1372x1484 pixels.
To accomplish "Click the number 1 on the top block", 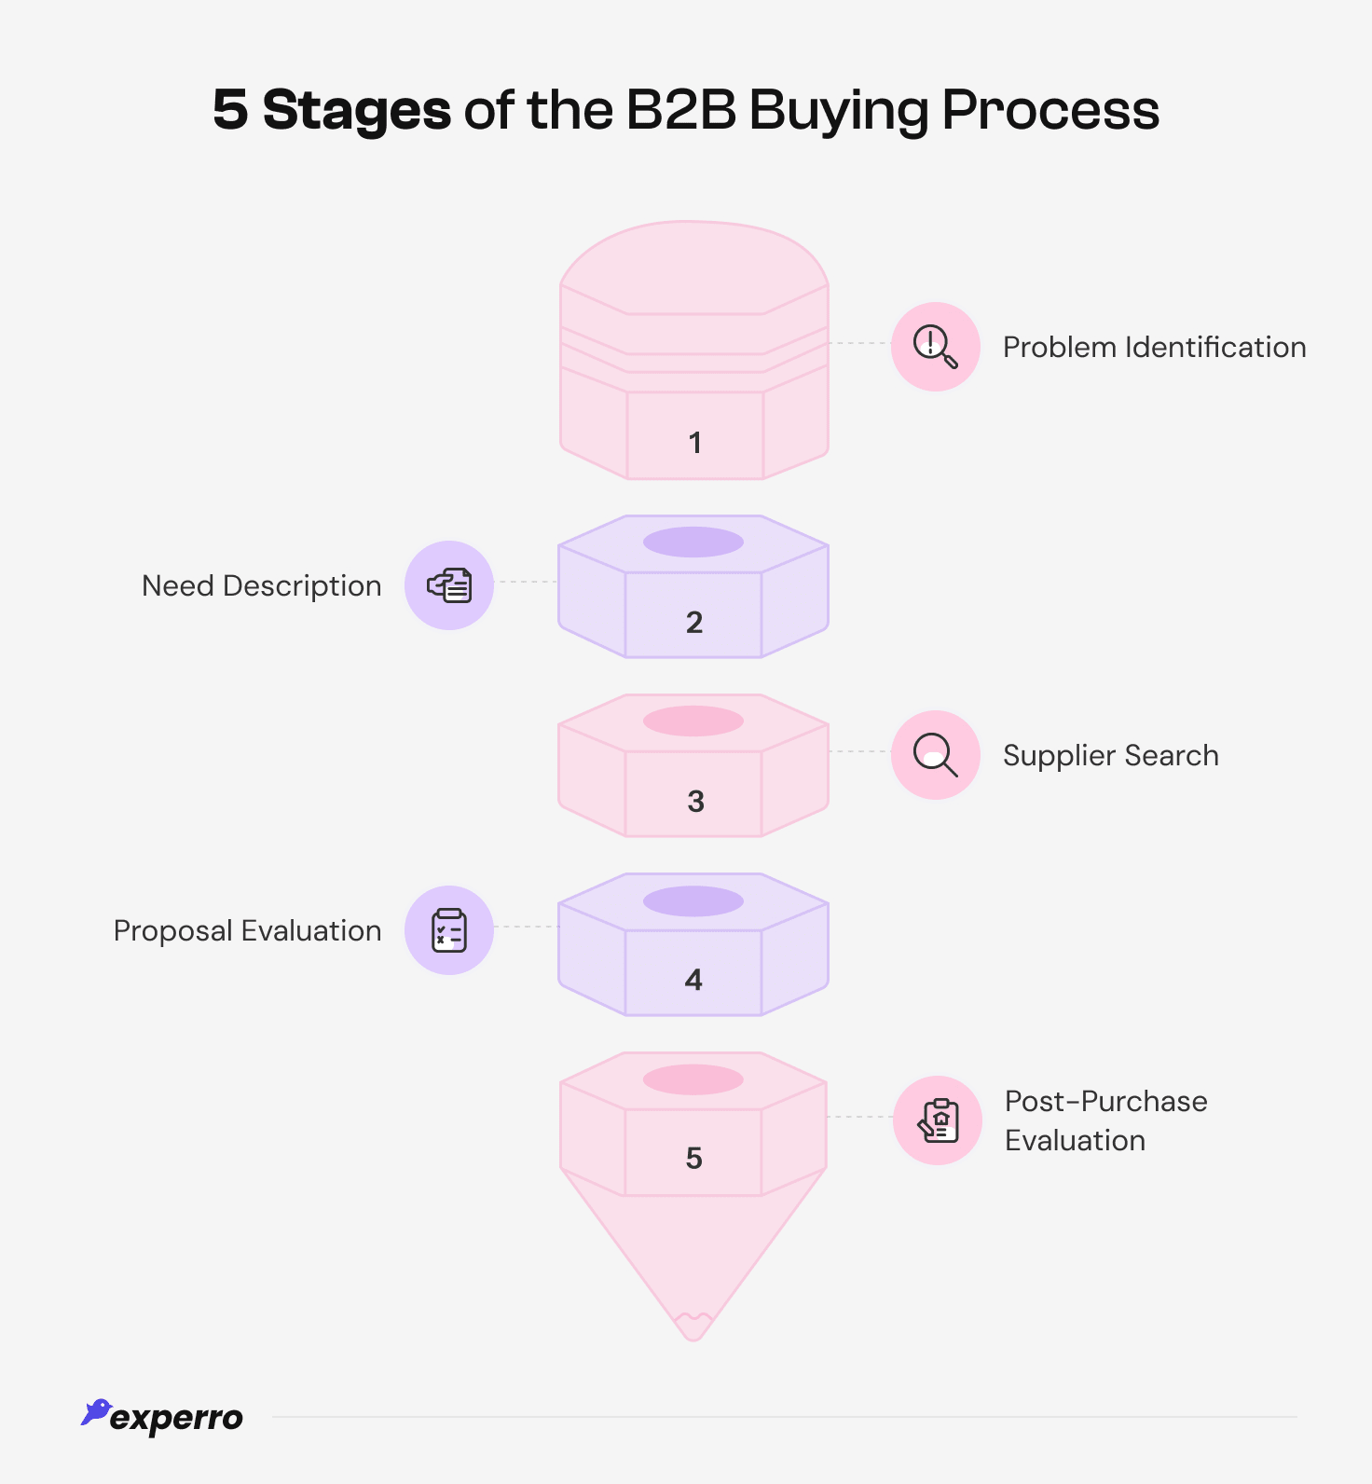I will pyautogui.click(x=694, y=443).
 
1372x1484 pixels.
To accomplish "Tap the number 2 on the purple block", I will pyautogui.click(x=694, y=623).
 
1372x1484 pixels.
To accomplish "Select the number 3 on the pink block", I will pyautogui.click(x=695, y=802).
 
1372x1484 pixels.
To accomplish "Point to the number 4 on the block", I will pyautogui.click(x=693, y=980).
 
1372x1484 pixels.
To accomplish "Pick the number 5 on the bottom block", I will pyautogui.click(x=693, y=1159).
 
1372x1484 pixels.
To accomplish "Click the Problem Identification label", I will pyautogui.click(x=1154, y=348).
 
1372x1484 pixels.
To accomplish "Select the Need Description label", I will pyautogui.click(x=262, y=586).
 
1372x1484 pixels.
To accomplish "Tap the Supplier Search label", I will pyautogui.click(x=1110, y=756).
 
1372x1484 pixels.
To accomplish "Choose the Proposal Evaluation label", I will pyautogui.click(x=248, y=931).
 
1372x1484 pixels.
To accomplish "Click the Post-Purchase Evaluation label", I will pyautogui.click(x=1105, y=1120).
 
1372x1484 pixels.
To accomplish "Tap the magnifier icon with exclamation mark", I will pyautogui.click(x=935, y=347).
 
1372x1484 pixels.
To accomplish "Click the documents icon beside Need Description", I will pyautogui.click(x=449, y=585).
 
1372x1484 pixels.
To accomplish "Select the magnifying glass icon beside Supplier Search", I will pyautogui.click(x=935, y=755).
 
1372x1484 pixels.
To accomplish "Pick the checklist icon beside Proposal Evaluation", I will pyautogui.click(x=449, y=930).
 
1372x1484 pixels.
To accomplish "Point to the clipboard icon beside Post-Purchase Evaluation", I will pyautogui.click(x=938, y=1120).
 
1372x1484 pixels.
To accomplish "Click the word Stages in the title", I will pyautogui.click(x=357, y=111).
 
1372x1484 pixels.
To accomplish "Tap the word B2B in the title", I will pyautogui.click(x=680, y=111).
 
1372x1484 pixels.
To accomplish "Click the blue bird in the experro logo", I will pyautogui.click(x=95, y=1412).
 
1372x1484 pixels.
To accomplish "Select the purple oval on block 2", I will pyautogui.click(x=693, y=542).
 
